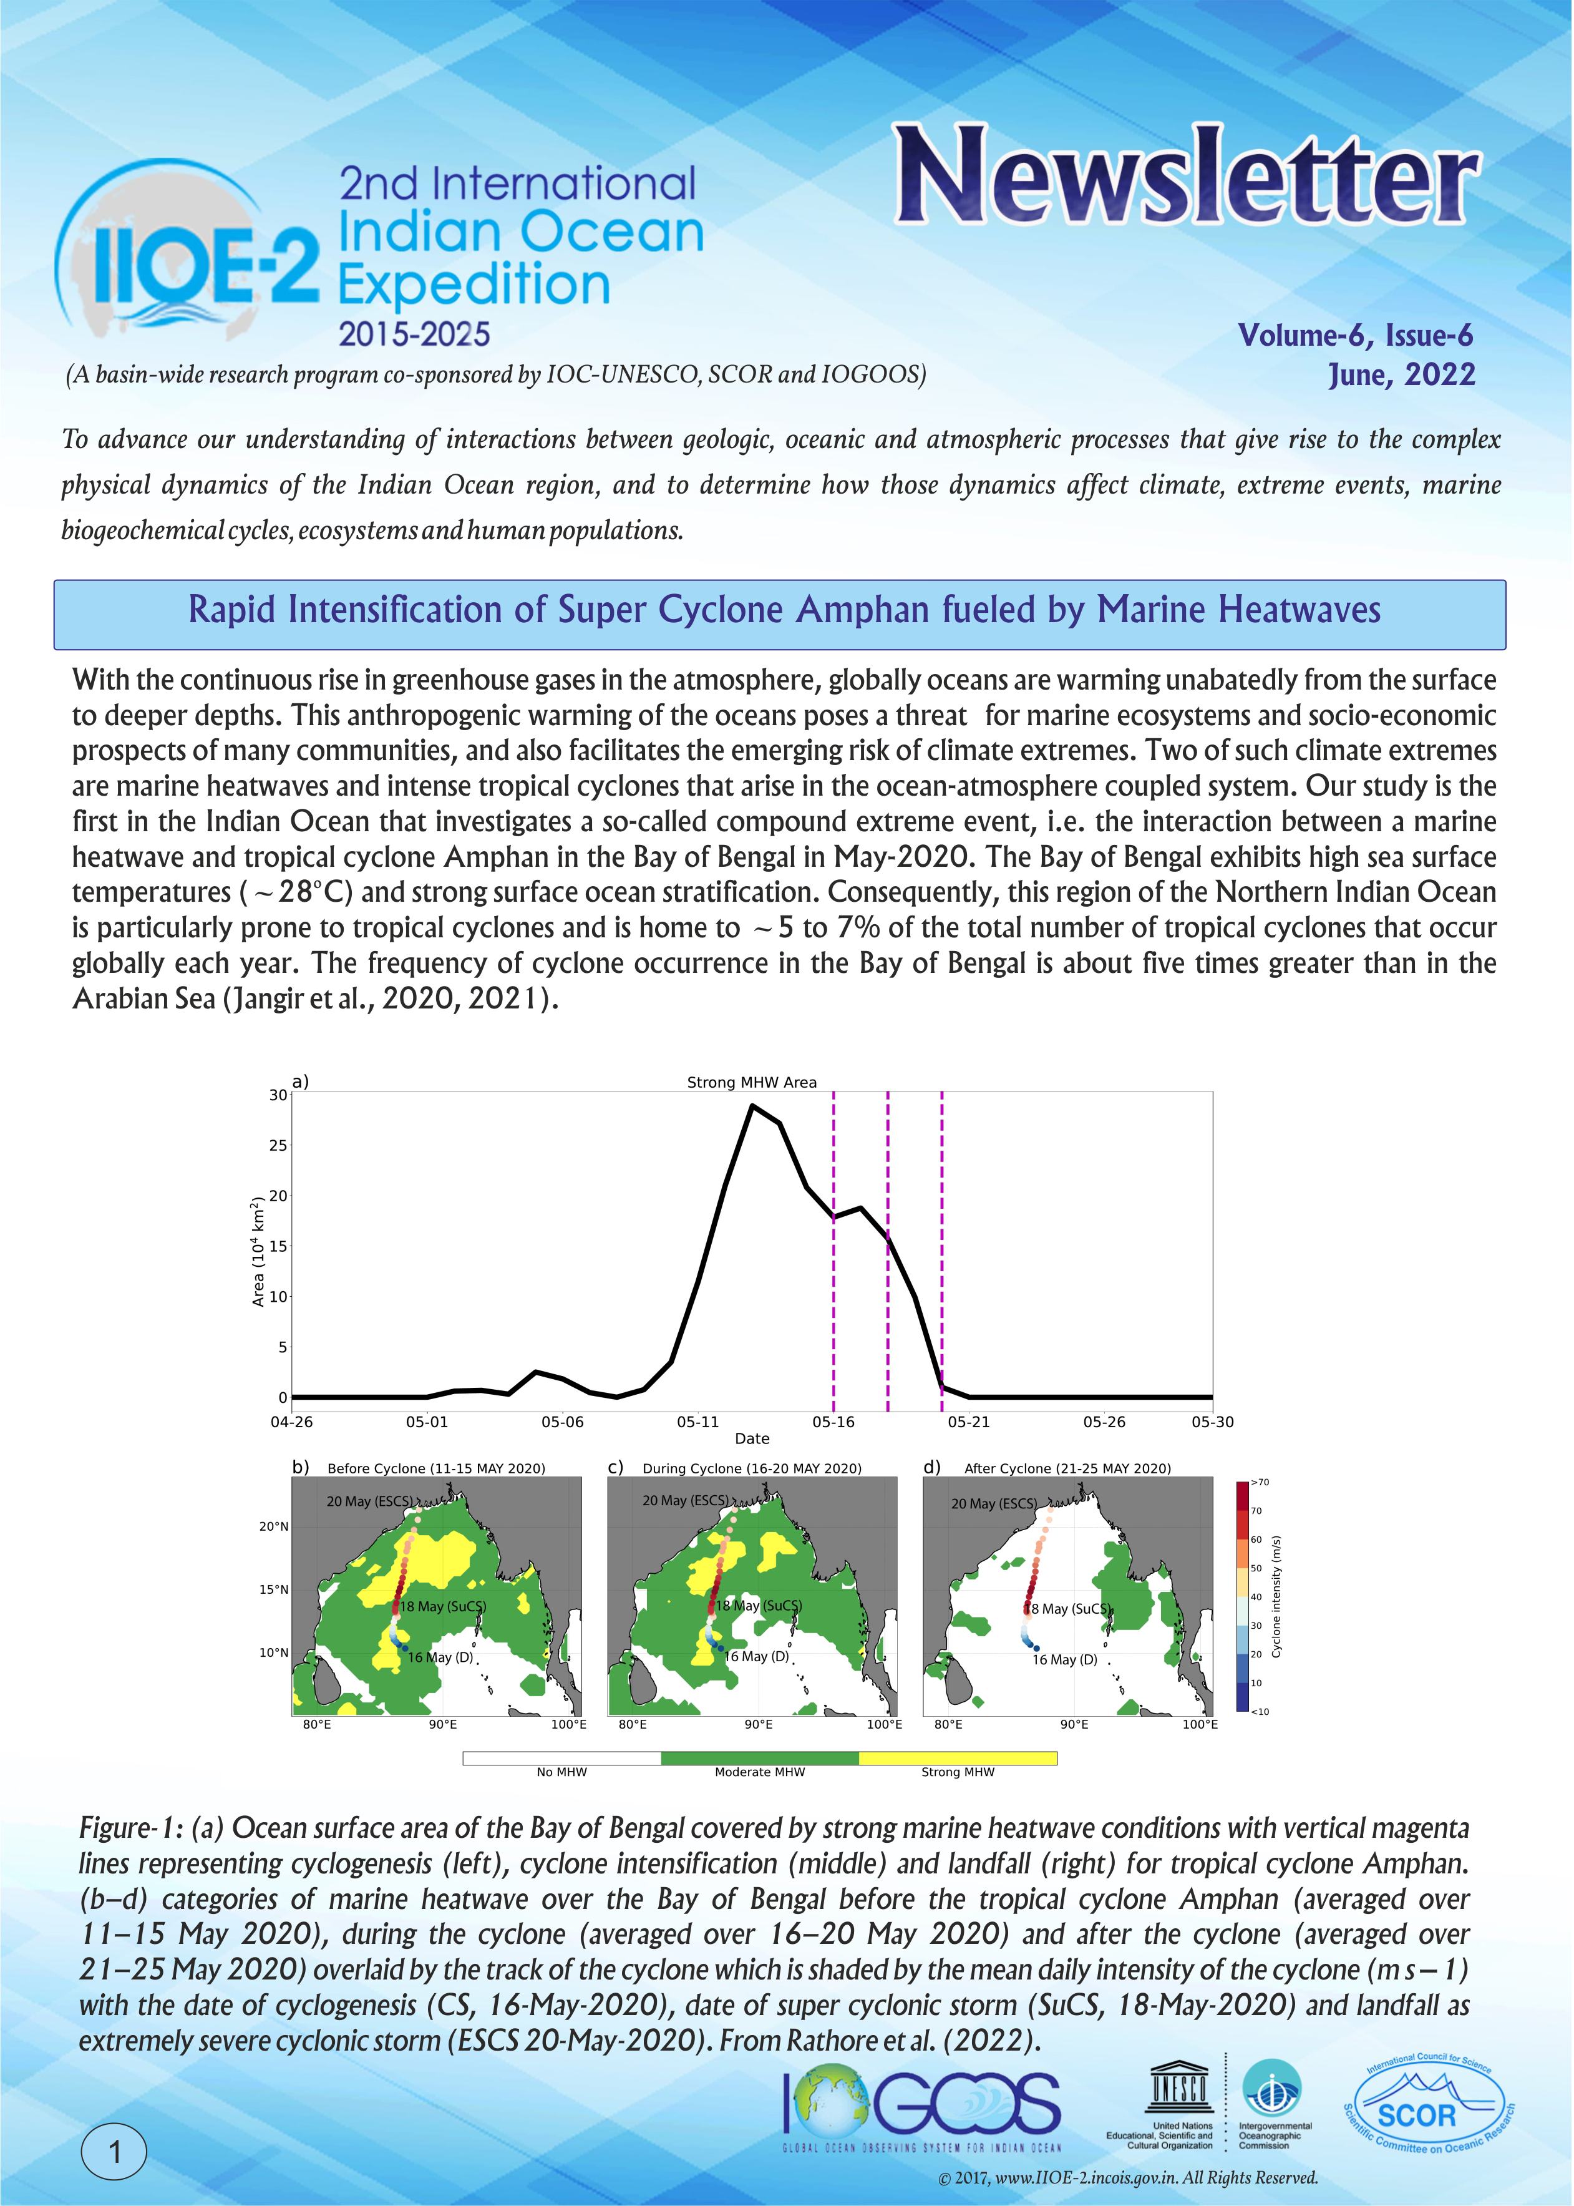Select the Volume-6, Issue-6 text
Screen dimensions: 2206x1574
1355,335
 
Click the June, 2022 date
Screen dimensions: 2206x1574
1401,375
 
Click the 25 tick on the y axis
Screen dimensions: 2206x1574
278,1146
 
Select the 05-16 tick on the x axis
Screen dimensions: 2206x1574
833,1422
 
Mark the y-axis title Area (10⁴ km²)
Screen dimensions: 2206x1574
258,1252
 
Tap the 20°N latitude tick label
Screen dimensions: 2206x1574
273,1526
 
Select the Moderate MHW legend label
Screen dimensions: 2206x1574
760,1772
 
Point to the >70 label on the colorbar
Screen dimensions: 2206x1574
1260,1483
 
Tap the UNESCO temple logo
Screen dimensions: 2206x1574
1178,2086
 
